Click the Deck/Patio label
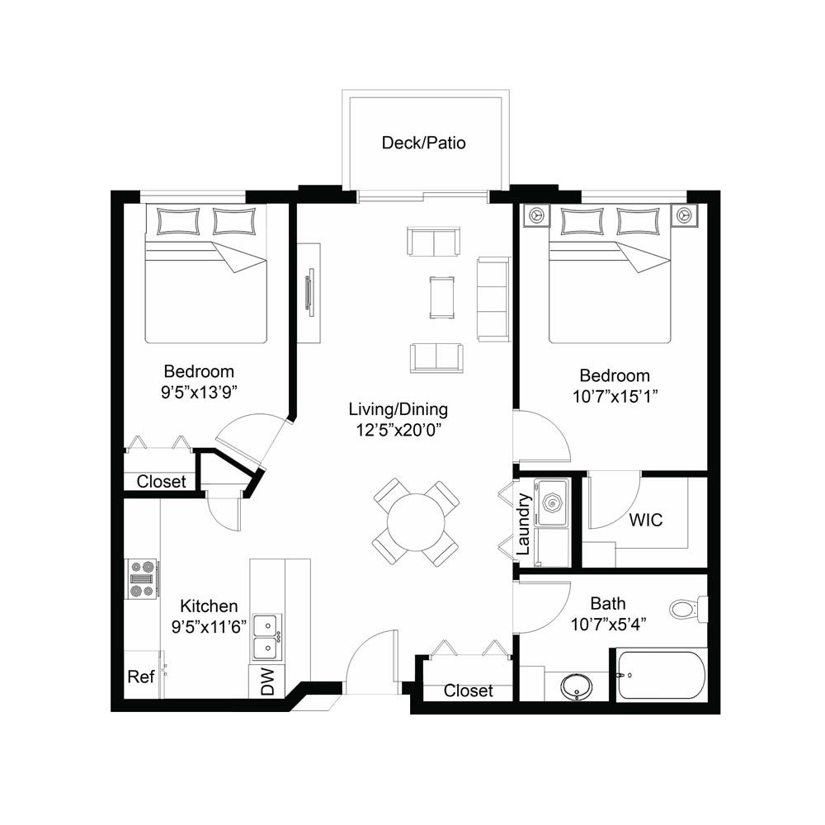[423, 143]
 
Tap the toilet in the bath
[688, 609]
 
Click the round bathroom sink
[576, 686]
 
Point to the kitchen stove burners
[142, 578]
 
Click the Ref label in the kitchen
[140, 676]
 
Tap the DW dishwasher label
[267, 682]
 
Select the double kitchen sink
[267, 637]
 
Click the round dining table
[416, 522]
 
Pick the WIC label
[646, 520]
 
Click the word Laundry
[523, 524]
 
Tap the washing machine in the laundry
[551, 502]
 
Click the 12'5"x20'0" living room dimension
[398, 430]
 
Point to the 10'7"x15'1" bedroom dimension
[615, 396]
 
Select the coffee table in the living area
[441, 298]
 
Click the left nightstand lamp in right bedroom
[535, 214]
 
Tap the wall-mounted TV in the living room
[310, 293]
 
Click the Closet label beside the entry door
[469, 691]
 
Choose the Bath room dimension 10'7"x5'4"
[608, 624]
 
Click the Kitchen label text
[209, 606]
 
